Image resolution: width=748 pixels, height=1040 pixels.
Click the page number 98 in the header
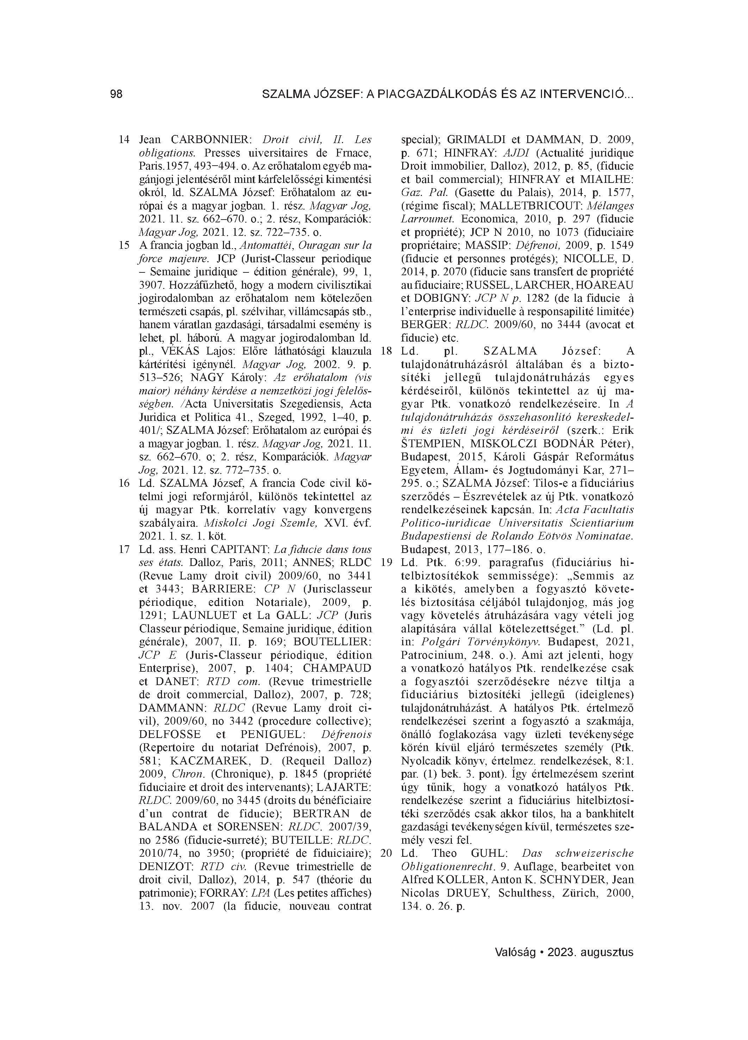(117, 94)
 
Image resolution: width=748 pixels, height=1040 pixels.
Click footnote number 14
(124, 140)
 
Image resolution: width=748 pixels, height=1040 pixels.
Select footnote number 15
(124, 245)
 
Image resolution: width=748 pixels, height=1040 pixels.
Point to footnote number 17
(124, 549)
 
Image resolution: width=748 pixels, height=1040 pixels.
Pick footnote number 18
(387, 351)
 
